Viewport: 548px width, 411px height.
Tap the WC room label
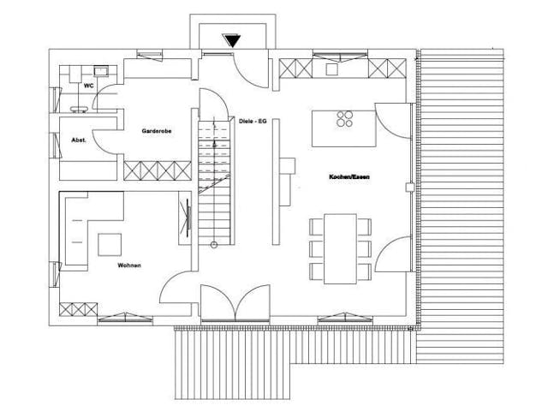coord(88,86)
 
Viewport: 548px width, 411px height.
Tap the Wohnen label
coord(129,265)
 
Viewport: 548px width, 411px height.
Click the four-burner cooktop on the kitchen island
coord(346,118)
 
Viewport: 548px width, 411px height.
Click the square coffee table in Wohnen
coord(110,244)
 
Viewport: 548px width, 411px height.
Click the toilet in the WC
coord(80,109)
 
